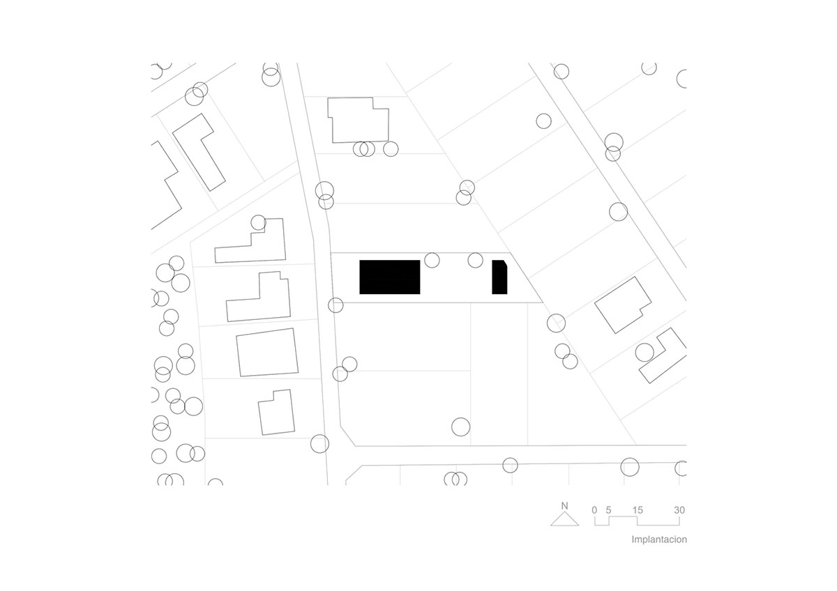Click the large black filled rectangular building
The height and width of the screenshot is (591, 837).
pyautogui.click(x=390, y=277)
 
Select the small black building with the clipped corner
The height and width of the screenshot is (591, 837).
pyautogui.click(x=499, y=277)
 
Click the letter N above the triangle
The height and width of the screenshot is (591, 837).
pyautogui.click(x=564, y=506)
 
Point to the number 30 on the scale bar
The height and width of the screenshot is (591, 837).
pyautogui.click(x=679, y=510)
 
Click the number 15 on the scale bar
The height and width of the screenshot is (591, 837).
pyautogui.click(x=638, y=510)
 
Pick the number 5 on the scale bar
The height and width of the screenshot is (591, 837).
pyautogui.click(x=609, y=510)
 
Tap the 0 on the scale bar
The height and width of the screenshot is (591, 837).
pyautogui.click(x=594, y=510)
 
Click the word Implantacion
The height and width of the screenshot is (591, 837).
pyautogui.click(x=659, y=539)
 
